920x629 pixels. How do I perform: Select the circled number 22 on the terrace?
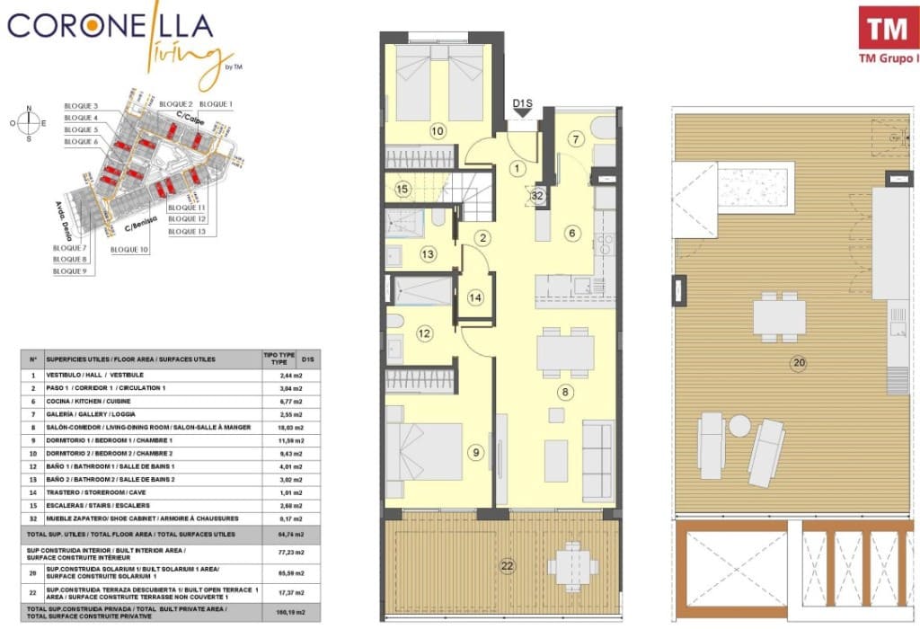(508, 565)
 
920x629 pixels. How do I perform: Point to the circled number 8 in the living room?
(564, 392)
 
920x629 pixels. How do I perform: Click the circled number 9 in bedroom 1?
(475, 452)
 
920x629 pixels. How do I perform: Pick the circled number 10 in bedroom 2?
(438, 131)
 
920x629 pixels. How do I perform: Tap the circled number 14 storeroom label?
(475, 297)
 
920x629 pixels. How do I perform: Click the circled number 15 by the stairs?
(402, 189)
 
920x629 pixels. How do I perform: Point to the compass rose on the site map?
(29, 123)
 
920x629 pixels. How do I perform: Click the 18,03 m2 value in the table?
(286, 428)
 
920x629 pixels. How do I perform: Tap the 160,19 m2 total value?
(286, 612)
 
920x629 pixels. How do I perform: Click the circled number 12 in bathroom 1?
(424, 333)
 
